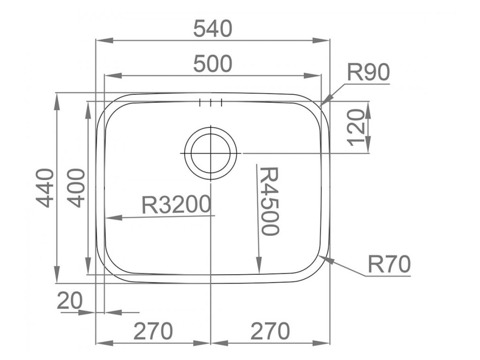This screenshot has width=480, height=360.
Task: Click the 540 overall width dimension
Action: tap(213, 30)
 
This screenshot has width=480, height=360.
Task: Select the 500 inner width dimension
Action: tap(213, 64)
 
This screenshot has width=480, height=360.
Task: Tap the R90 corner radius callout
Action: tap(368, 73)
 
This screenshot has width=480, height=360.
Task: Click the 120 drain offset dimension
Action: tap(357, 127)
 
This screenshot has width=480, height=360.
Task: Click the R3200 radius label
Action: tap(175, 204)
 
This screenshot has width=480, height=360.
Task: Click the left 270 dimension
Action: tap(153, 332)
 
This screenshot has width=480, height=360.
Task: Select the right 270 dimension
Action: tap(270, 332)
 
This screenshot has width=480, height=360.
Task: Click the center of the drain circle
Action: tap(210, 153)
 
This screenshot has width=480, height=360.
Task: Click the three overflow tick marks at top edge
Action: tap(210, 103)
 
